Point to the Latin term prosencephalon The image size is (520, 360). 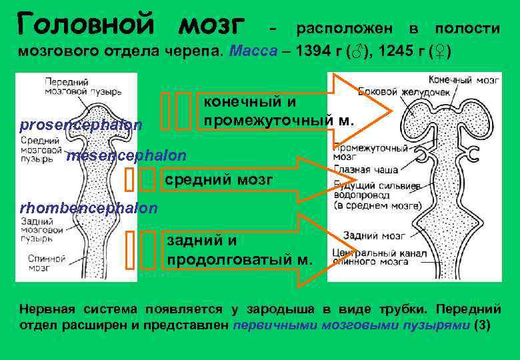coord(81,125)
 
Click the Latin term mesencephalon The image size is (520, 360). coord(127,155)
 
